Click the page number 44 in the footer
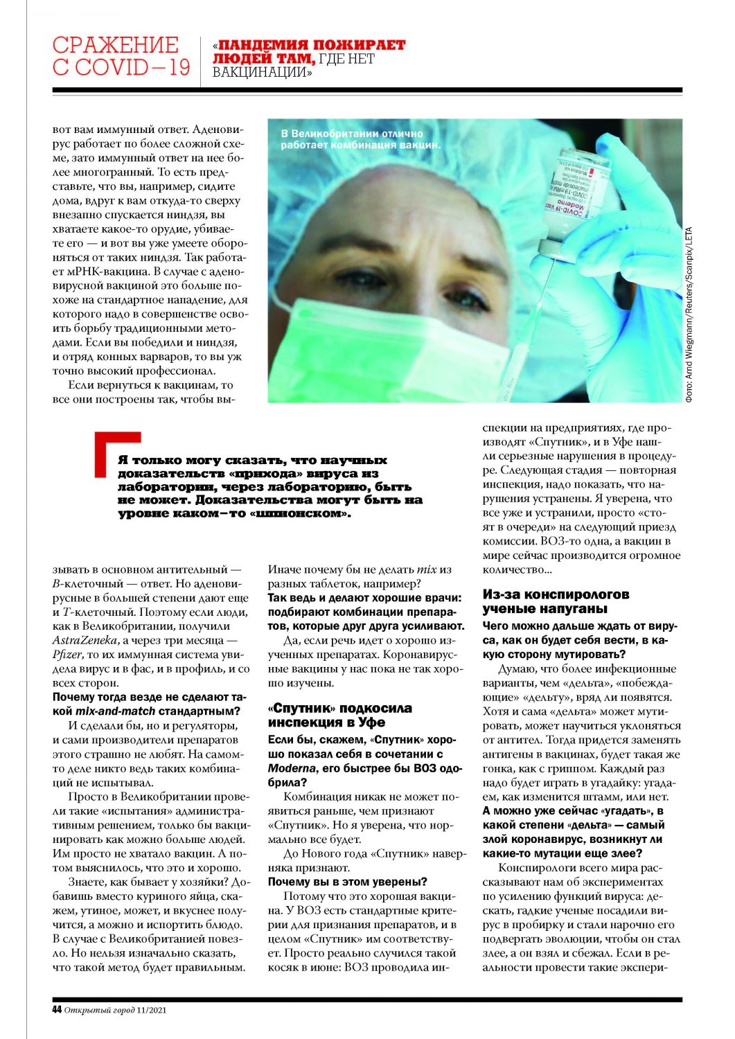(57, 1009)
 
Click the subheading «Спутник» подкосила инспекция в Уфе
(339, 715)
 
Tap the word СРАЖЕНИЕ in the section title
(115, 45)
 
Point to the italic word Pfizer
(67, 655)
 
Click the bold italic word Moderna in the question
(291, 768)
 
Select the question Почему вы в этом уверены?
(347, 882)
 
